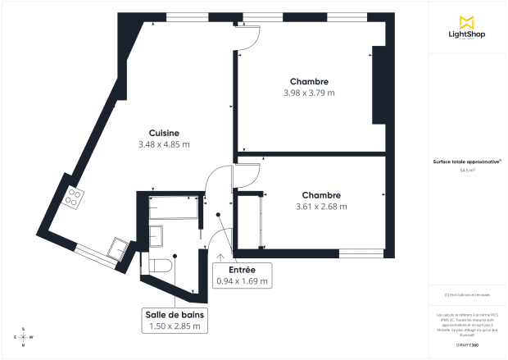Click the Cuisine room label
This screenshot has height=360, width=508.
click(x=164, y=134)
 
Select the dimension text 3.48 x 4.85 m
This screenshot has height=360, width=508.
click(x=164, y=145)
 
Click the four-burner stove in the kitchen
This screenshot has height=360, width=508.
click(x=75, y=196)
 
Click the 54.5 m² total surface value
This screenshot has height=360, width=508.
click(x=468, y=171)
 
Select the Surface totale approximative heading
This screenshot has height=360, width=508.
click(x=467, y=162)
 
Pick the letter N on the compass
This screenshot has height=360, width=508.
click(x=23, y=345)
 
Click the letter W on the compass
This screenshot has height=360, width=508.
click(x=31, y=337)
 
